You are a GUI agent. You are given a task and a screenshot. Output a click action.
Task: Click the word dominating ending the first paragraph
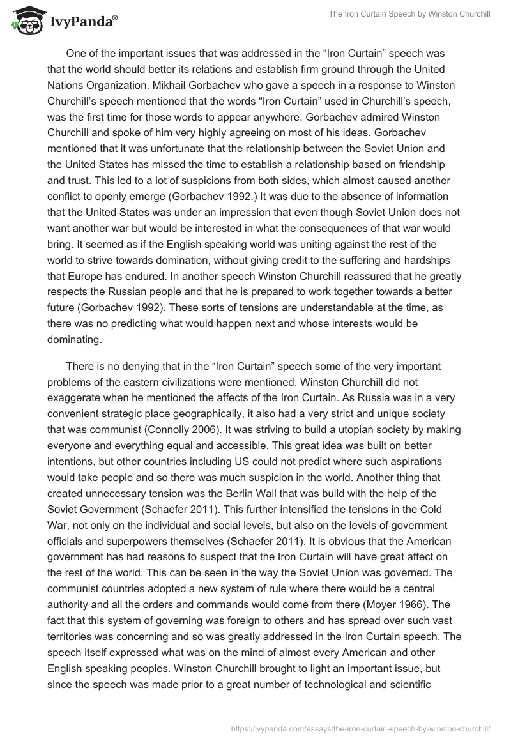coord(74,340)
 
